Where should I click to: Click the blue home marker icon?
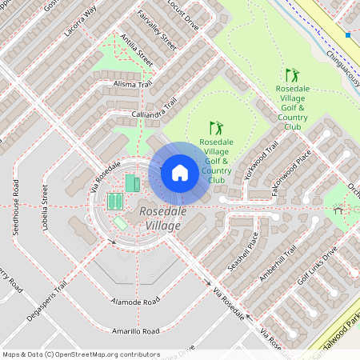click(180, 173)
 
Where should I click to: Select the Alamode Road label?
click(136, 301)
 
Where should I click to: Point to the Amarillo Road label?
click(135, 330)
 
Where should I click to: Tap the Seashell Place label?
click(242, 250)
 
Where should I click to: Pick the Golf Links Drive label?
click(318, 266)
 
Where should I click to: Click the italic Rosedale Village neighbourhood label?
click(160, 218)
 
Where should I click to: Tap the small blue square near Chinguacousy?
click(348, 35)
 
